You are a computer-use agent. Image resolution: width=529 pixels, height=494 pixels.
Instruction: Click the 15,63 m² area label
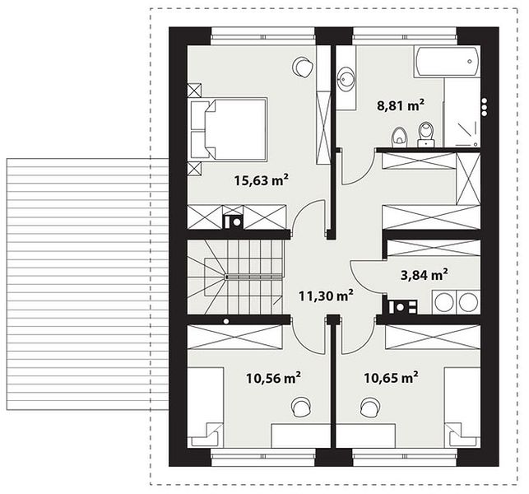click(x=261, y=180)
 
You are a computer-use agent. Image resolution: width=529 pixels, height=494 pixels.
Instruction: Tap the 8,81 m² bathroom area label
click(x=400, y=105)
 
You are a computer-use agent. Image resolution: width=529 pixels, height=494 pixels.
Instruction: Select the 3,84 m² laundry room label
click(x=424, y=275)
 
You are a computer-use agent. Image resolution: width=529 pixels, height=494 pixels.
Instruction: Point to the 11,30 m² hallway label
click(x=326, y=296)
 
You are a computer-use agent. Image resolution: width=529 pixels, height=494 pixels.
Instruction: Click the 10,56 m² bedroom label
click(x=273, y=378)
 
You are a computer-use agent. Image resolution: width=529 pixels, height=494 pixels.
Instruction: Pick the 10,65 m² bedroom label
click(x=391, y=378)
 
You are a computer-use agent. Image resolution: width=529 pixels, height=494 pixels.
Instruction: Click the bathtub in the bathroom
click(x=447, y=62)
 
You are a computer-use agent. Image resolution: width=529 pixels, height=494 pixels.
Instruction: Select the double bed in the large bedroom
click(x=229, y=128)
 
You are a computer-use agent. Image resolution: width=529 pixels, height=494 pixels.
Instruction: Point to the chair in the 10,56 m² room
click(x=301, y=407)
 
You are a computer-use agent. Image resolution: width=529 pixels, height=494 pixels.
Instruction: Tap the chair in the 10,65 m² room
click(x=369, y=407)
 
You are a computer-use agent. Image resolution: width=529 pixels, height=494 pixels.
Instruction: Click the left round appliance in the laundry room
click(x=444, y=301)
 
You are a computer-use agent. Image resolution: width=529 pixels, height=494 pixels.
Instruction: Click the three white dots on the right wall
click(x=485, y=107)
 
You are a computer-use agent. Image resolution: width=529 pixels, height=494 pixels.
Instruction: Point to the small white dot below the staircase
click(x=226, y=321)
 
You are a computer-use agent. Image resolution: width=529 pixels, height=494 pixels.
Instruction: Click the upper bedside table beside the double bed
click(x=194, y=91)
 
